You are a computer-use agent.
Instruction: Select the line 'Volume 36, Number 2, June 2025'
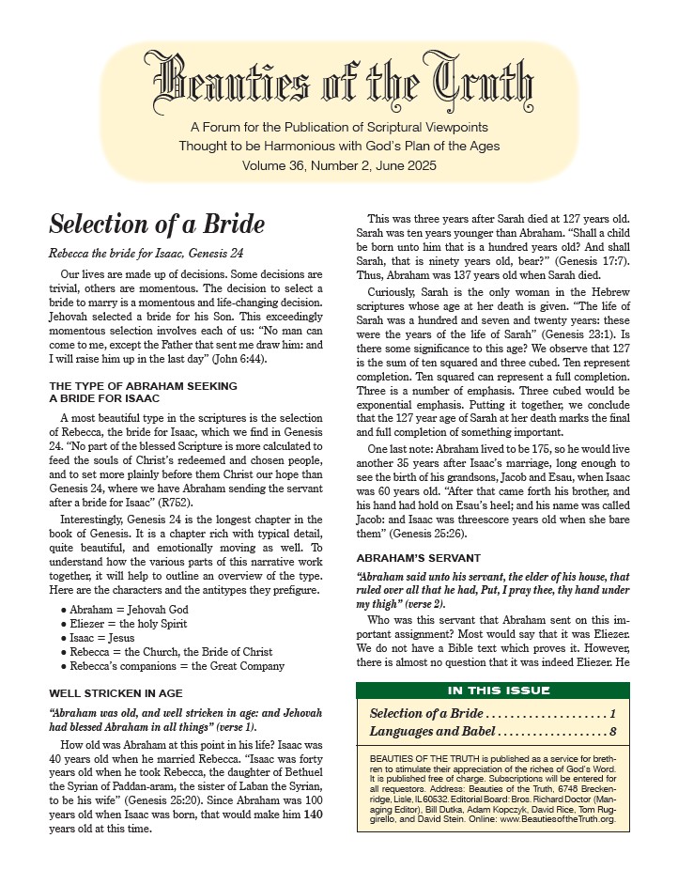[339, 164]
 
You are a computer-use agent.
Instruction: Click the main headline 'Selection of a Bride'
[157, 225]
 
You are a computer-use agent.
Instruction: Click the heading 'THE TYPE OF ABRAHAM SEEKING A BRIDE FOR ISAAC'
[143, 392]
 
